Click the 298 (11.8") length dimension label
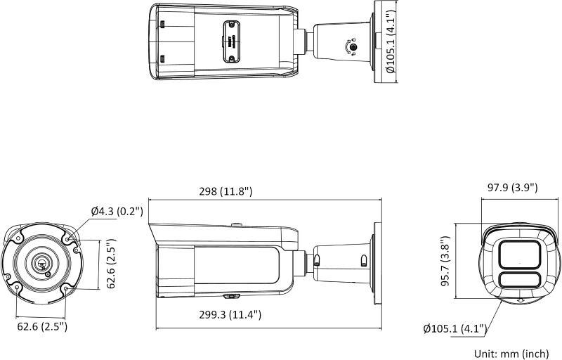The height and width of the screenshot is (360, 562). [x=227, y=191]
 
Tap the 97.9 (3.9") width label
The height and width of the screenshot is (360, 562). [x=512, y=187]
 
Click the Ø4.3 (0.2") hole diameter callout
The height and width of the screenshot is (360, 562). [x=117, y=211]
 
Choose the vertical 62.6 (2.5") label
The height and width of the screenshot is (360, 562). [x=110, y=264]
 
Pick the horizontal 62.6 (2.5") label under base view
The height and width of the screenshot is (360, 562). [x=41, y=326]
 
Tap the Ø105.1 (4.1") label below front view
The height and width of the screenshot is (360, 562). [x=456, y=328]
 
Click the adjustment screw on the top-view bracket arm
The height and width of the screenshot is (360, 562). [x=354, y=47]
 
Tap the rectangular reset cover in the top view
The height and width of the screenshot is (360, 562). [x=230, y=41]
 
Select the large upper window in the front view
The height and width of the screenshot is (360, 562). [x=520, y=254]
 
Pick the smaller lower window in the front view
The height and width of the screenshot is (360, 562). [x=520, y=281]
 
